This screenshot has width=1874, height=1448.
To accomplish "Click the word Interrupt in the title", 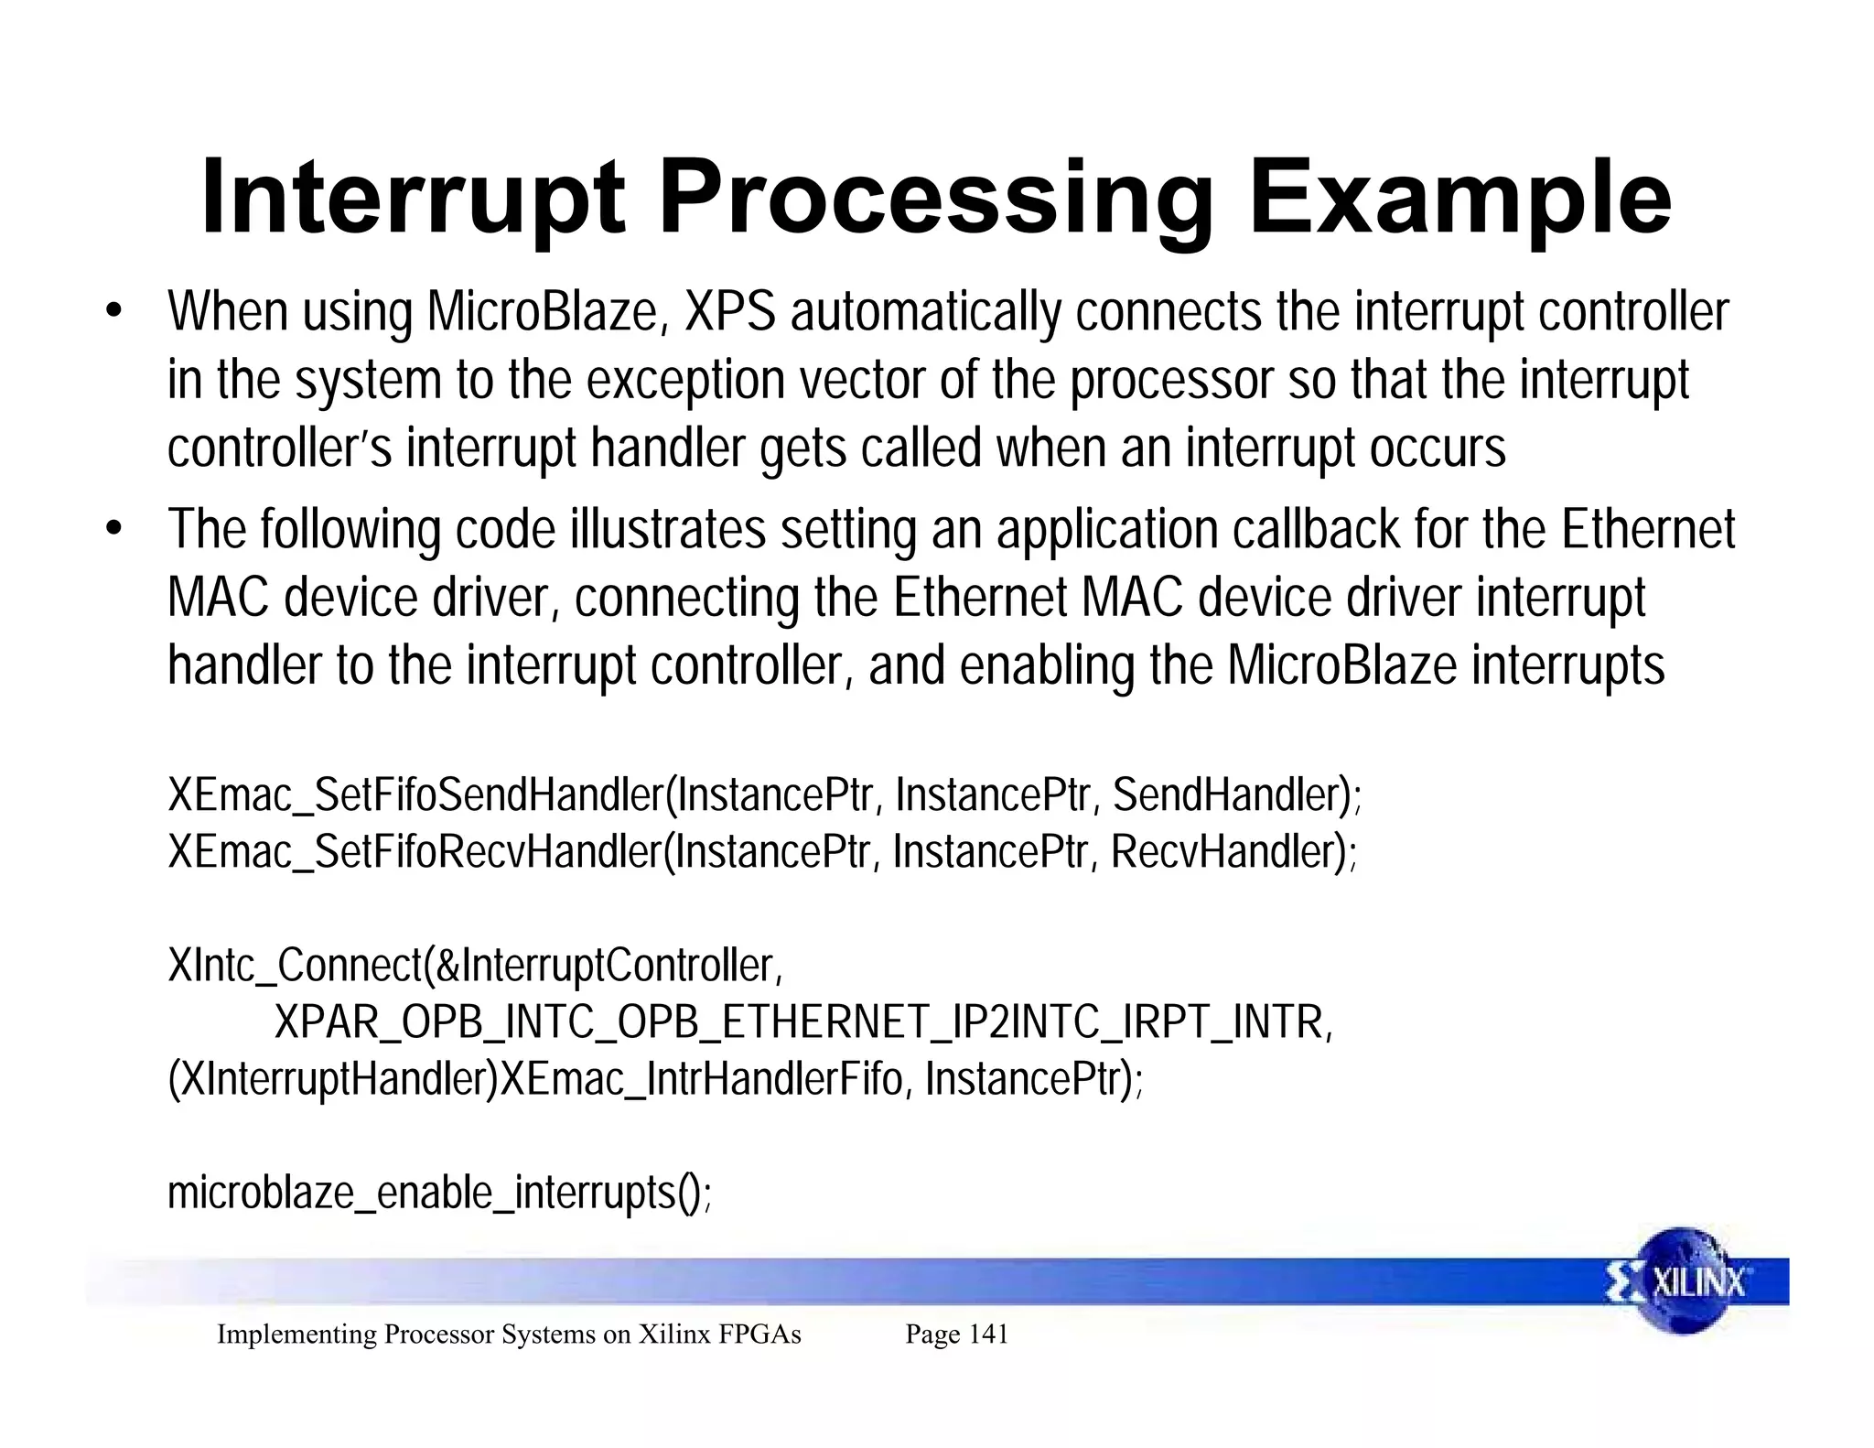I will click(x=412, y=199).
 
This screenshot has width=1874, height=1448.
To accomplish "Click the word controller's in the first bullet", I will click(x=279, y=448).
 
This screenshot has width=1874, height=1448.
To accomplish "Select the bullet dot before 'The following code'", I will click(x=113, y=529).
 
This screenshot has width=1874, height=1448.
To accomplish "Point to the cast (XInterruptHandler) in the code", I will click(x=332, y=1079).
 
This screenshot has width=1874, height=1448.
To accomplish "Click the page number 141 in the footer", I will click(x=987, y=1335).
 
